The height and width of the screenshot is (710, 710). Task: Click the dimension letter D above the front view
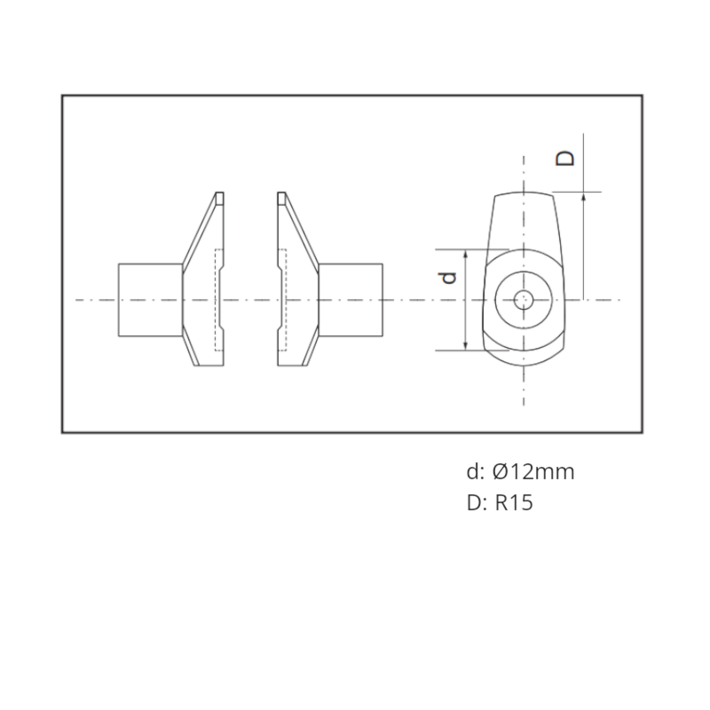[x=565, y=159]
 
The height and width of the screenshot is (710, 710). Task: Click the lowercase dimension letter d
[x=448, y=278]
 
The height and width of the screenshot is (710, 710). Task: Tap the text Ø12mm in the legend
[x=533, y=472]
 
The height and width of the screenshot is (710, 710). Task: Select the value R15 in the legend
[x=514, y=502]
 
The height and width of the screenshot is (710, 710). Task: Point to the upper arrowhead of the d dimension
[x=465, y=254]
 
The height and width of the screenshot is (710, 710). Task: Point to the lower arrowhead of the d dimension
[x=465, y=346]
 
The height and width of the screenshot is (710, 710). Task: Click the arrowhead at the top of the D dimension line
[x=583, y=196]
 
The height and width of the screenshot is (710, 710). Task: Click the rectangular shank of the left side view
[x=150, y=300]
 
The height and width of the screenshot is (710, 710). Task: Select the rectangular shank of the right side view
[x=351, y=300]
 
